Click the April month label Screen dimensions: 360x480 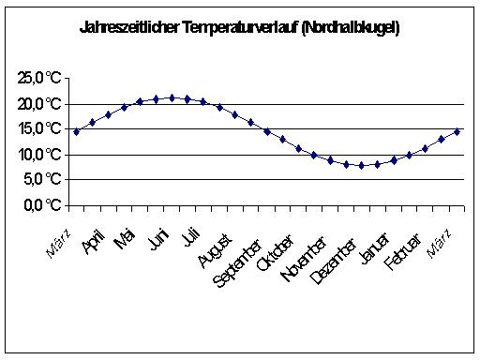coord(93,243)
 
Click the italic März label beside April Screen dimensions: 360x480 coord(58,245)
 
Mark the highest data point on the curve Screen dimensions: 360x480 coord(172,97)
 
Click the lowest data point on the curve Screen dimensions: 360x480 coord(361,165)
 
